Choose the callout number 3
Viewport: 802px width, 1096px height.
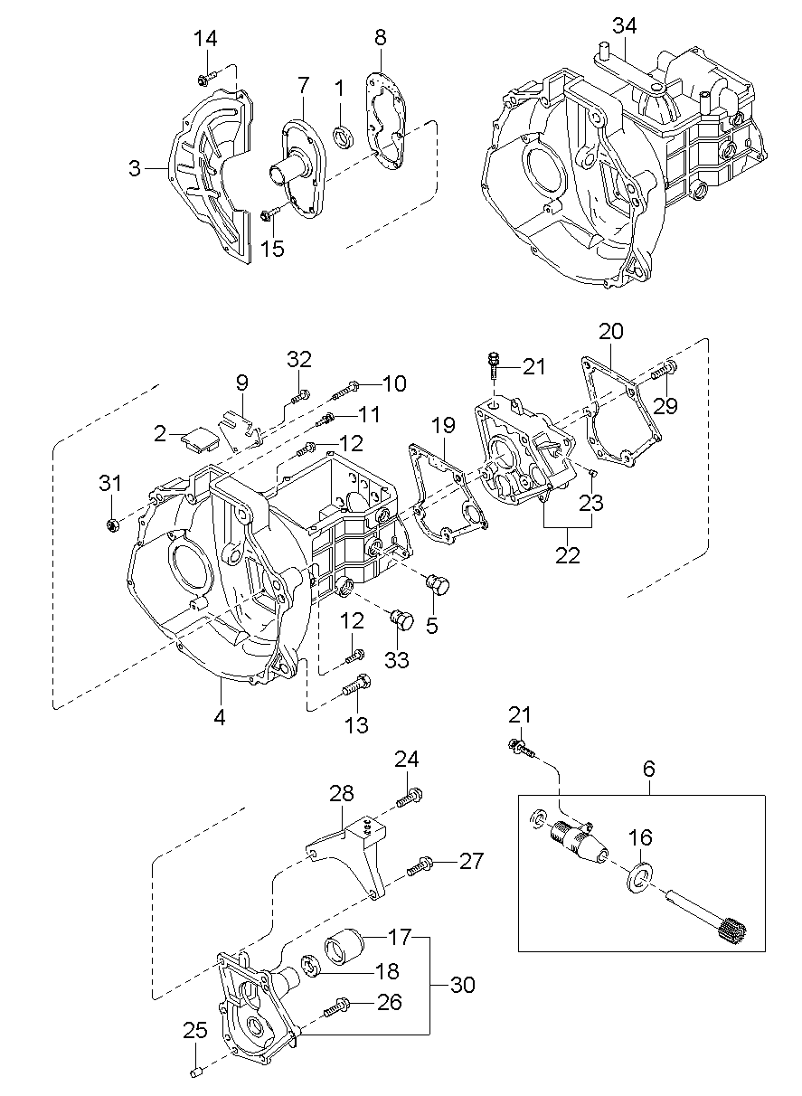pos(134,168)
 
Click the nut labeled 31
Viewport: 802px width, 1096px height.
pos(114,524)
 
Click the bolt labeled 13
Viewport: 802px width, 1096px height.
pos(357,686)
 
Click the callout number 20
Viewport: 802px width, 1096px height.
pos(611,331)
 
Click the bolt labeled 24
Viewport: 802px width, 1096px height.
pos(410,798)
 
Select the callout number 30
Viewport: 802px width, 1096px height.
pos(461,985)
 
